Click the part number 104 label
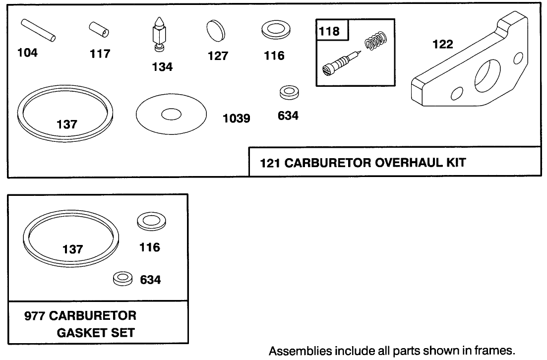pyautogui.click(x=27, y=53)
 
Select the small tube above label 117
pyautogui.click(x=100, y=29)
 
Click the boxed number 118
pyautogui.click(x=330, y=32)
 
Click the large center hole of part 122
pyautogui.click(x=486, y=76)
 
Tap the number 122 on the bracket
pyautogui.click(x=443, y=45)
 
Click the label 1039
pyautogui.click(x=237, y=119)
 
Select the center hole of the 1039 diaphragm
pyautogui.click(x=171, y=114)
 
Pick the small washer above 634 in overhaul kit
pyautogui.click(x=288, y=92)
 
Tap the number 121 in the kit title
pyautogui.click(x=270, y=162)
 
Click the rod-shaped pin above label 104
pyautogui.click(x=39, y=29)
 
